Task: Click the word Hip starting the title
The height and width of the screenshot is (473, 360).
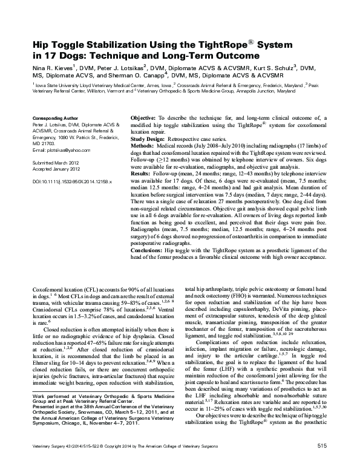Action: pyautogui.click(x=41, y=45)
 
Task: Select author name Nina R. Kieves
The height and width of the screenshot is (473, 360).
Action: pyautogui.click(x=50, y=70)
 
